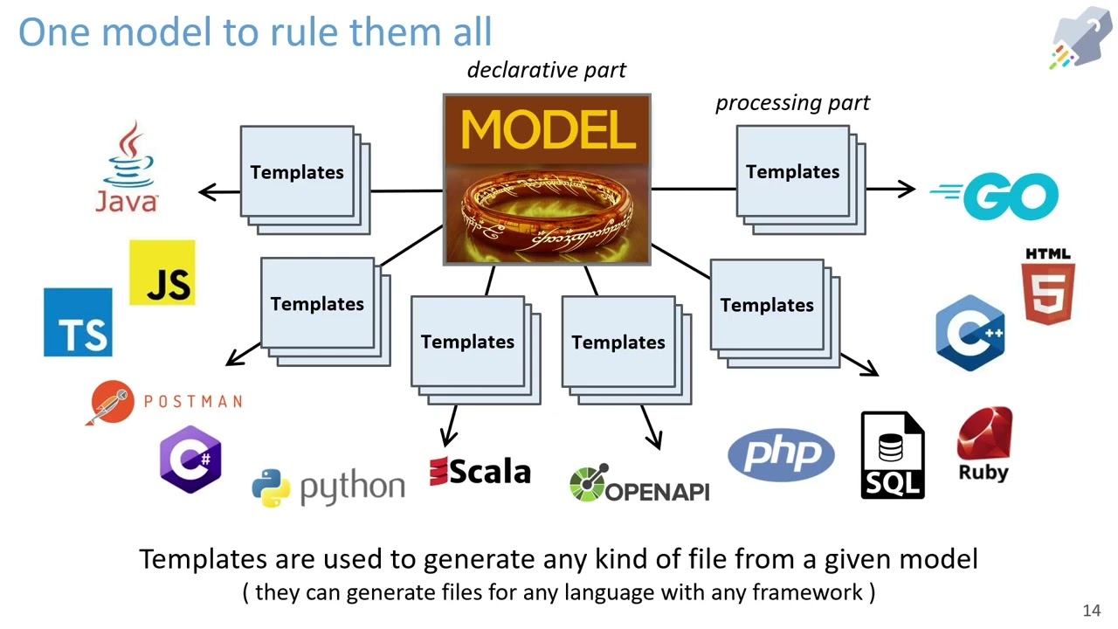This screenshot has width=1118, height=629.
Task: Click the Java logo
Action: click(x=128, y=168)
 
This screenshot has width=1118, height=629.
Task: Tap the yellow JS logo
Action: click(x=162, y=273)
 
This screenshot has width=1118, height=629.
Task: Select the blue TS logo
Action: click(x=78, y=322)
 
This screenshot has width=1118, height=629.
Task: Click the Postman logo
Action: click(x=166, y=402)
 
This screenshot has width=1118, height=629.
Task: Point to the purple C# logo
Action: click(x=190, y=460)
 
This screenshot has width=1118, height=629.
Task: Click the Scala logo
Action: click(x=480, y=472)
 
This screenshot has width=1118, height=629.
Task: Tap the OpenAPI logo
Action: click(x=639, y=485)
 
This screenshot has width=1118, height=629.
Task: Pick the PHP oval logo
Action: click(x=781, y=454)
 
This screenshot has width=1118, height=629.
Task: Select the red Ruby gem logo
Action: click(x=984, y=444)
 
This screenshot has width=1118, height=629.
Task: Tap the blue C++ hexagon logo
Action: click(x=970, y=333)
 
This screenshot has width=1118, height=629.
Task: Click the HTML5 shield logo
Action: click(x=1048, y=287)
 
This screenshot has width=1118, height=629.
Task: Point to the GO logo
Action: click(x=996, y=196)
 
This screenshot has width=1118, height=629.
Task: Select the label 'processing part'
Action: click(x=792, y=103)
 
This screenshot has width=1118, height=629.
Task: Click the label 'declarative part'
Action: click(x=547, y=70)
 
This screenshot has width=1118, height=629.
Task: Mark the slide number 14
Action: click(x=1091, y=611)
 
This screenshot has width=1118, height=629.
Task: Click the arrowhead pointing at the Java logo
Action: click(x=206, y=192)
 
